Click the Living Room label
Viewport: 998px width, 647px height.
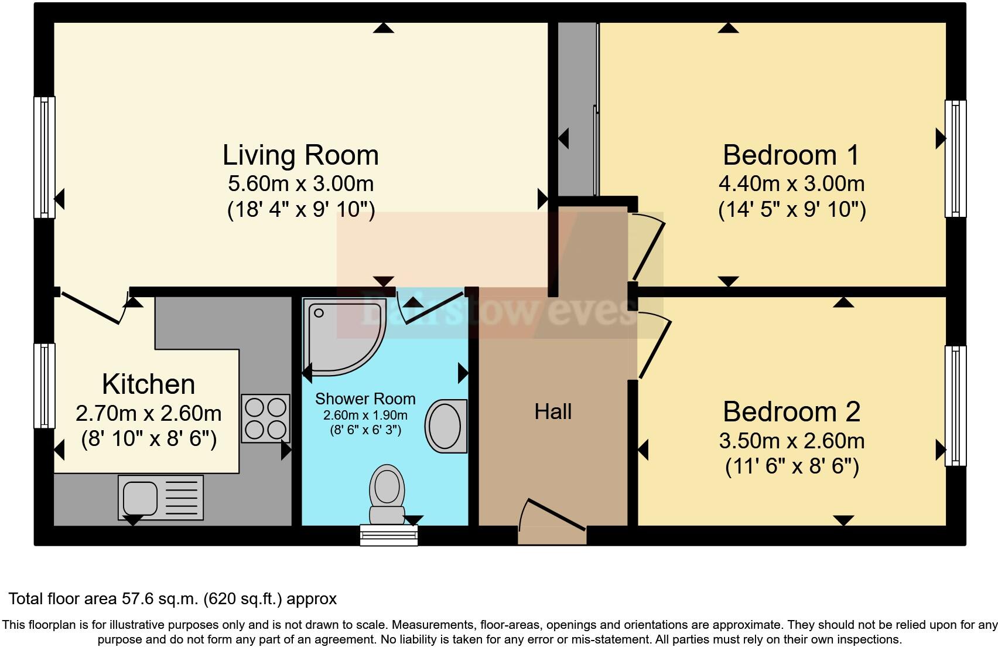[300, 155]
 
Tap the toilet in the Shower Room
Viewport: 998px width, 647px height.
[387, 492]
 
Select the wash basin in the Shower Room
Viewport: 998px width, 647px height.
[446, 426]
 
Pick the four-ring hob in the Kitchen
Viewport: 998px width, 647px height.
[266, 418]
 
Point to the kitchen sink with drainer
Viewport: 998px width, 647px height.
[160, 498]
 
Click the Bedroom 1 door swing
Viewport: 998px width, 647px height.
[648, 246]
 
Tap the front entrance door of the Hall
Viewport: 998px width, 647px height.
[552, 516]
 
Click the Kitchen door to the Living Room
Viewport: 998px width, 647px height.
[94, 308]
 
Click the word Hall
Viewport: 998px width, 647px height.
[552, 412]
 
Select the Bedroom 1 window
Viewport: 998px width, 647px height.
[955, 158]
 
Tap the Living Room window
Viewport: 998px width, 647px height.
[45, 157]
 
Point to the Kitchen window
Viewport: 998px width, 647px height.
[45, 385]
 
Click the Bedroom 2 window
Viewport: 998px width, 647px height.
[955, 406]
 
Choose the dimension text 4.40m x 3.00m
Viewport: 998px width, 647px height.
[791, 184]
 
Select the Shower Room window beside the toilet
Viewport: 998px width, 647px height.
[388, 535]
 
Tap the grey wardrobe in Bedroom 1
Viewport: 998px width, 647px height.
[576, 108]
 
